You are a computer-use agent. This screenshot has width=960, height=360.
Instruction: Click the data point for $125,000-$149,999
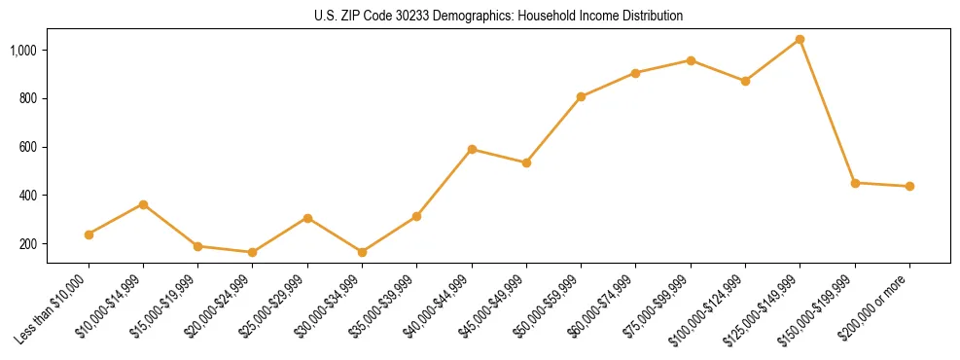(x=800, y=40)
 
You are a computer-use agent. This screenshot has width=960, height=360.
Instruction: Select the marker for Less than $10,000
(x=89, y=234)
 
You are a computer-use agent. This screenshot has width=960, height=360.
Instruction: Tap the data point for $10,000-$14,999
(x=143, y=204)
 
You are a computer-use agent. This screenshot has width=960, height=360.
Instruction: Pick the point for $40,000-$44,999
(x=472, y=149)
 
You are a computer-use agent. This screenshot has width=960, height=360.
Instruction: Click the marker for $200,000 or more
(x=909, y=186)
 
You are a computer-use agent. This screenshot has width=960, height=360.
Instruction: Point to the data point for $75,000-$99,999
(x=691, y=60)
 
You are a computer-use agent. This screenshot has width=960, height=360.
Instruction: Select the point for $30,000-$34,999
(x=362, y=252)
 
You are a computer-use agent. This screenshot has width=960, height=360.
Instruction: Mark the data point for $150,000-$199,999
(x=855, y=183)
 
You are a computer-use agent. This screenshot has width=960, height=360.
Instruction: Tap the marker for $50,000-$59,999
(x=581, y=96)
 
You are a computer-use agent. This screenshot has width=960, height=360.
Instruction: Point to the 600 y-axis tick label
(x=30, y=147)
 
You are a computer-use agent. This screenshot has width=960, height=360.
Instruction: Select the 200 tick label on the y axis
(x=30, y=244)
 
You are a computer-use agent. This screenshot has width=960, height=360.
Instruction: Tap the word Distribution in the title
(x=652, y=17)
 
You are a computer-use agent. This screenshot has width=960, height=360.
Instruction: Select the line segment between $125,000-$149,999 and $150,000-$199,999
(x=828, y=112)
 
